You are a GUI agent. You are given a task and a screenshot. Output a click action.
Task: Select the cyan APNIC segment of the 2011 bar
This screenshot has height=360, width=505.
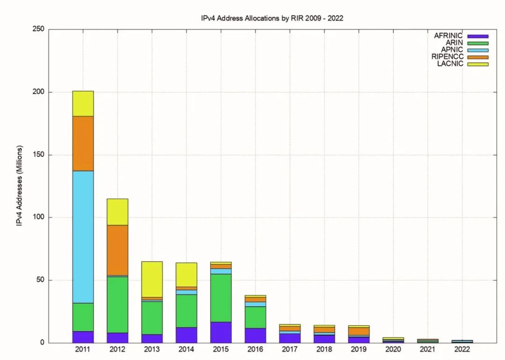[83, 237]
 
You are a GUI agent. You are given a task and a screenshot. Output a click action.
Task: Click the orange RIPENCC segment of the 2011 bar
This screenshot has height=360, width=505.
[83, 143]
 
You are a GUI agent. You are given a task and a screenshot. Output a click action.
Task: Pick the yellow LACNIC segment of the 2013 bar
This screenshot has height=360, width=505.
[152, 279]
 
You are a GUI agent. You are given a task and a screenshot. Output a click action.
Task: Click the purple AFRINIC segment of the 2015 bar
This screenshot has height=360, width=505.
[221, 332]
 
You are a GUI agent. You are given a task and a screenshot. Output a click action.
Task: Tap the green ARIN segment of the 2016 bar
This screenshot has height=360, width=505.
[255, 317]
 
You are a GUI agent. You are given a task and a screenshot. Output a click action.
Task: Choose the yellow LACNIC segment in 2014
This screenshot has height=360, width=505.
[186, 274]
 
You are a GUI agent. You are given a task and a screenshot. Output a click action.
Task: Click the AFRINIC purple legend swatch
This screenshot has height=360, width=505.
[477, 36]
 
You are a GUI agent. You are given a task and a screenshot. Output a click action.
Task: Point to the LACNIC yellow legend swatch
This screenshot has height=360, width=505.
[477, 64]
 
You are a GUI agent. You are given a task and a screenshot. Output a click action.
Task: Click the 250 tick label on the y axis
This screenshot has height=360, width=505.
[39, 29]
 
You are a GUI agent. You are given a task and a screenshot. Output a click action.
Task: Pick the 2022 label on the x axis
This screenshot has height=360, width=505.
[462, 349]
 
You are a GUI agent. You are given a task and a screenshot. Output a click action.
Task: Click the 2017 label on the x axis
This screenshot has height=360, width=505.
[290, 349]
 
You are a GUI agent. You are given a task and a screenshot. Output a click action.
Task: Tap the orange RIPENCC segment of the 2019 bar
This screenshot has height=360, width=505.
[359, 331]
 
